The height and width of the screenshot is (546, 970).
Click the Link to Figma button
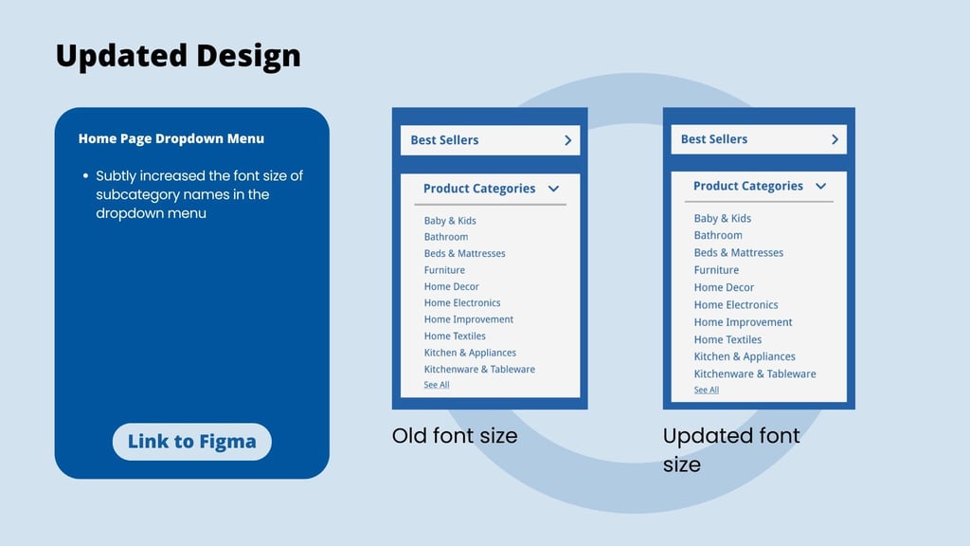click(x=191, y=442)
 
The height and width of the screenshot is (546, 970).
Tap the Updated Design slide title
click(x=178, y=56)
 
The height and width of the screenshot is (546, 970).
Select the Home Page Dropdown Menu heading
click(x=171, y=138)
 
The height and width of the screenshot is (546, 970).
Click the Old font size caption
click(x=455, y=436)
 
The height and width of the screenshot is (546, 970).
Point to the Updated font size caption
click(x=731, y=450)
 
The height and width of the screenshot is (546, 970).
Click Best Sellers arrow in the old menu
click(x=568, y=140)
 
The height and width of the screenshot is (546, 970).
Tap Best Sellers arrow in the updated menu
click(x=835, y=139)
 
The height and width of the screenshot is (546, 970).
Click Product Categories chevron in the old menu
click(x=553, y=189)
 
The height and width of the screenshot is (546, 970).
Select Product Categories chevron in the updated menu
click(x=821, y=187)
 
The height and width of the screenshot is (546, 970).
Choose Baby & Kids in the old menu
click(x=450, y=220)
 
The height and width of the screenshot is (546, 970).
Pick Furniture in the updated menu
click(x=716, y=270)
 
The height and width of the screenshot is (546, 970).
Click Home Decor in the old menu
click(x=452, y=286)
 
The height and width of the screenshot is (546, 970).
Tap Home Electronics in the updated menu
click(x=735, y=304)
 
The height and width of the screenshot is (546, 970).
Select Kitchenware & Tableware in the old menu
click(x=479, y=369)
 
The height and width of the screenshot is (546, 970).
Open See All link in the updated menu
click(x=706, y=390)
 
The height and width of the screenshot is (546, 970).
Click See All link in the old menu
click(x=436, y=385)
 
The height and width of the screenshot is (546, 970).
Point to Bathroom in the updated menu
click(x=718, y=235)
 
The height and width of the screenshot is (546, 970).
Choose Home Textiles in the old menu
click(x=455, y=337)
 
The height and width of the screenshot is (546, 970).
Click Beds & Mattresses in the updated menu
click(x=739, y=252)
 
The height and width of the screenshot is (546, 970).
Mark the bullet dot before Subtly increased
click(x=85, y=175)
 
